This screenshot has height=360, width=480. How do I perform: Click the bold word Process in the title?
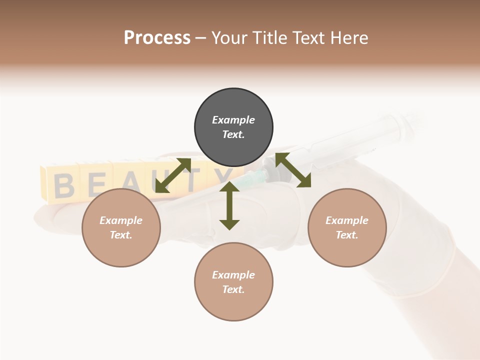click(157, 38)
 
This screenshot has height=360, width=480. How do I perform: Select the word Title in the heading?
click(268, 38)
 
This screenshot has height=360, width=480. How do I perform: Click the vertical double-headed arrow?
click(229, 205)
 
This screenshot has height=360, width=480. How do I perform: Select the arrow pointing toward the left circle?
click(173, 175)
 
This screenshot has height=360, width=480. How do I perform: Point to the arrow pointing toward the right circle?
click(293, 170)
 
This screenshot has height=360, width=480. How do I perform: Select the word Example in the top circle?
click(233, 120)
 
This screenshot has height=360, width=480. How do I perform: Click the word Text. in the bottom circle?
click(233, 289)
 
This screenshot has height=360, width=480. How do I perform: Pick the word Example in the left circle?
click(121, 220)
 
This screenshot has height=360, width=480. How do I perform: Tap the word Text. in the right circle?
click(347, 235)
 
